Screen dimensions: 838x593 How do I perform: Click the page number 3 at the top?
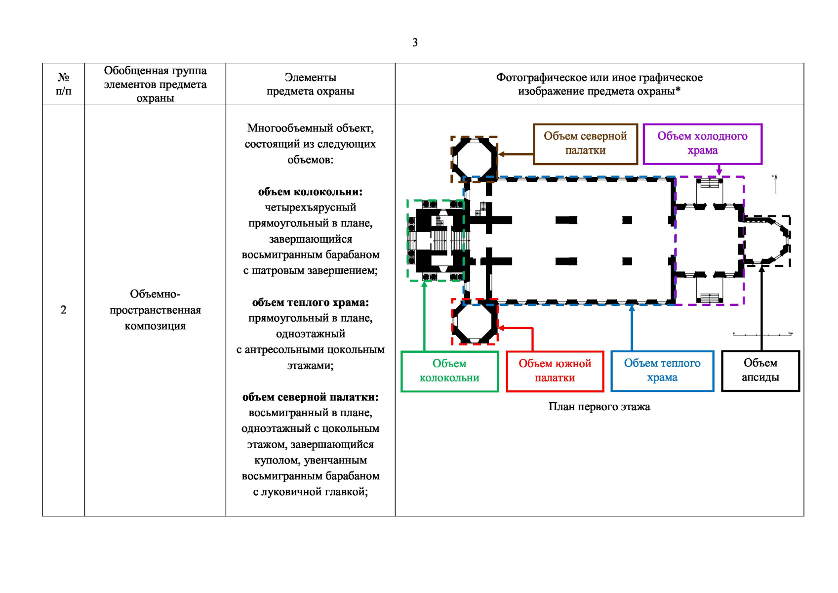(x=414, y=42)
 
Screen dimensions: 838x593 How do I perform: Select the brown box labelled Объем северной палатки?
(x=585, y=144)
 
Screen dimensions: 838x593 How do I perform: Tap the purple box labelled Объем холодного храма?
(x=703, y=144)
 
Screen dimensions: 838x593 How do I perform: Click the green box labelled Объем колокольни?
(x=449, y=371)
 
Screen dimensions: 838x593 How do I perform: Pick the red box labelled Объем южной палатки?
(x=555, y=371)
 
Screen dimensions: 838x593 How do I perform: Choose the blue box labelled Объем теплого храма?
(x=662, y=371)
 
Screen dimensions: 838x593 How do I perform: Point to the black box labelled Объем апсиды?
(x=760, y=371)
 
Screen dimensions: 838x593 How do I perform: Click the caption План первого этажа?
(x=599, y=407)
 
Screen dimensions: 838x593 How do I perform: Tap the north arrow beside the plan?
(x=775, y=184)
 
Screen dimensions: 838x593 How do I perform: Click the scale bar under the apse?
(x=762, y=334)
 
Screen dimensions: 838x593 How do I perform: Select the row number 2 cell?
(x=63, y=310)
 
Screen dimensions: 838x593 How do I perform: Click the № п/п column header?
(x=63, y=84)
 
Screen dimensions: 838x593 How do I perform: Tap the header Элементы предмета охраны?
(x=310, y=84)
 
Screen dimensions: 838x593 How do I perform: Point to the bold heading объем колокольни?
(x=310, y=192)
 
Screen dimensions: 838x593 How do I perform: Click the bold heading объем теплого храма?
(x=310, y=302)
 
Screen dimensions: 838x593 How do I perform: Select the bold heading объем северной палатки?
(x=310, y=397)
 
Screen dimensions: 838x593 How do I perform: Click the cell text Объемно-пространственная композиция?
(x=155, y=310)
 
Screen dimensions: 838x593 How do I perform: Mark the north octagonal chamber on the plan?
(x=474, y=160)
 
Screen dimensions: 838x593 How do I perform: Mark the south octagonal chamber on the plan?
(x=475, y=322)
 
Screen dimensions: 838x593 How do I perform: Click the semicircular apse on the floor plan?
(x=767, y=241)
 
